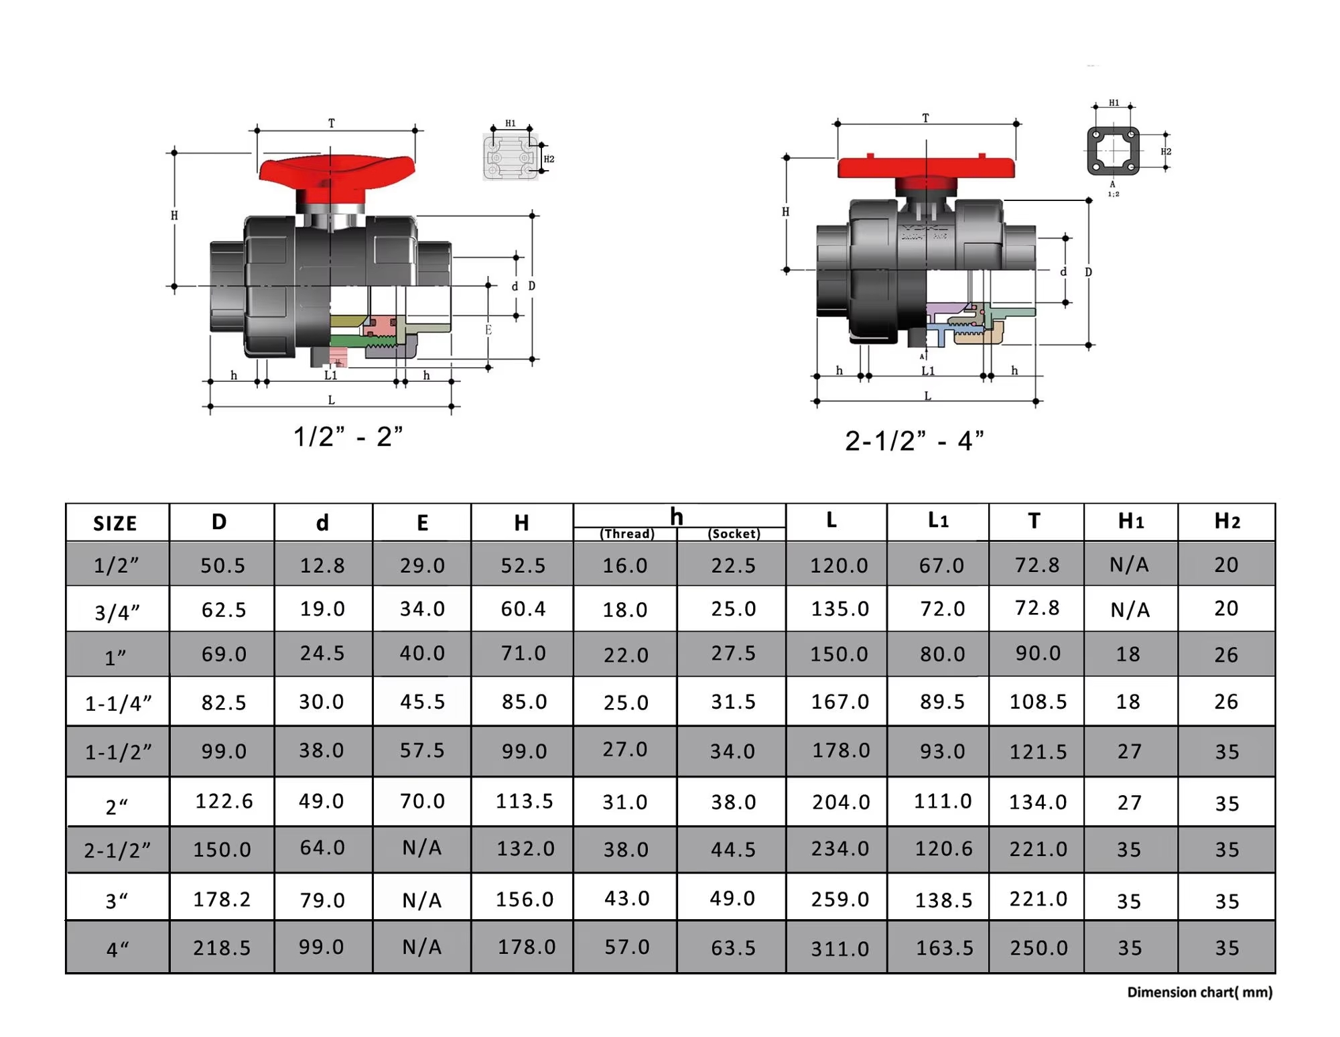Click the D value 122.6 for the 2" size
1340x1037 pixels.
(224, 801)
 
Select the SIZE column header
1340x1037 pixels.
(115, 523)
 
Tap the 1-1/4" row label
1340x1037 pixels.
(119, 703)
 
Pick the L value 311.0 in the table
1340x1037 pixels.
(840, 949)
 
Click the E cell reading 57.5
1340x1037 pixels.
(422, 750)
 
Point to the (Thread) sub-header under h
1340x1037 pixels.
(627, 534)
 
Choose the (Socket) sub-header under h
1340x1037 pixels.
(734, 534)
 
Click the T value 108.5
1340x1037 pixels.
(1038, 701)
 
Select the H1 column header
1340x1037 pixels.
(1131, 521)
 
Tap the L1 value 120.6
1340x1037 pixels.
(944, 849)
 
